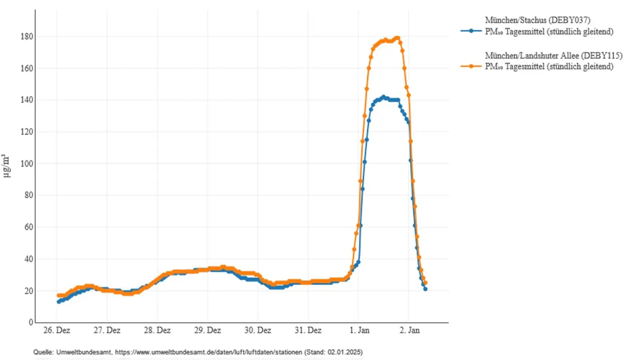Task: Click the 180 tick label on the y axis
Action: (27, 36)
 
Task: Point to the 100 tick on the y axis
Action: (27, 164)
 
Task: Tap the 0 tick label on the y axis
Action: (31, 322)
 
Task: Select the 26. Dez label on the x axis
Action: (56, 330)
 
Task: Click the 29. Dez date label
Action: (207, 330)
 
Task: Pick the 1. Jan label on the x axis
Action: (359, 330)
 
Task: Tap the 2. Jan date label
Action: (409, 330)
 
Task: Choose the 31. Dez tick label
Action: (308, 330)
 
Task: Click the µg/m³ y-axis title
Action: (6, 166)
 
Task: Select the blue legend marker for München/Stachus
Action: (471, 31)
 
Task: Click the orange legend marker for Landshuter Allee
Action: (471, 66)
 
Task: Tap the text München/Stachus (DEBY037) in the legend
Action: (537, 20)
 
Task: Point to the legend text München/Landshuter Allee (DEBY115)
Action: (554, 56)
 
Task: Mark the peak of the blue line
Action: (383, 97)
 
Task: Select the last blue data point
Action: (425, 289)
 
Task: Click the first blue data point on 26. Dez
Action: (59, 302)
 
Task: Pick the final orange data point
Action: (425, 283)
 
